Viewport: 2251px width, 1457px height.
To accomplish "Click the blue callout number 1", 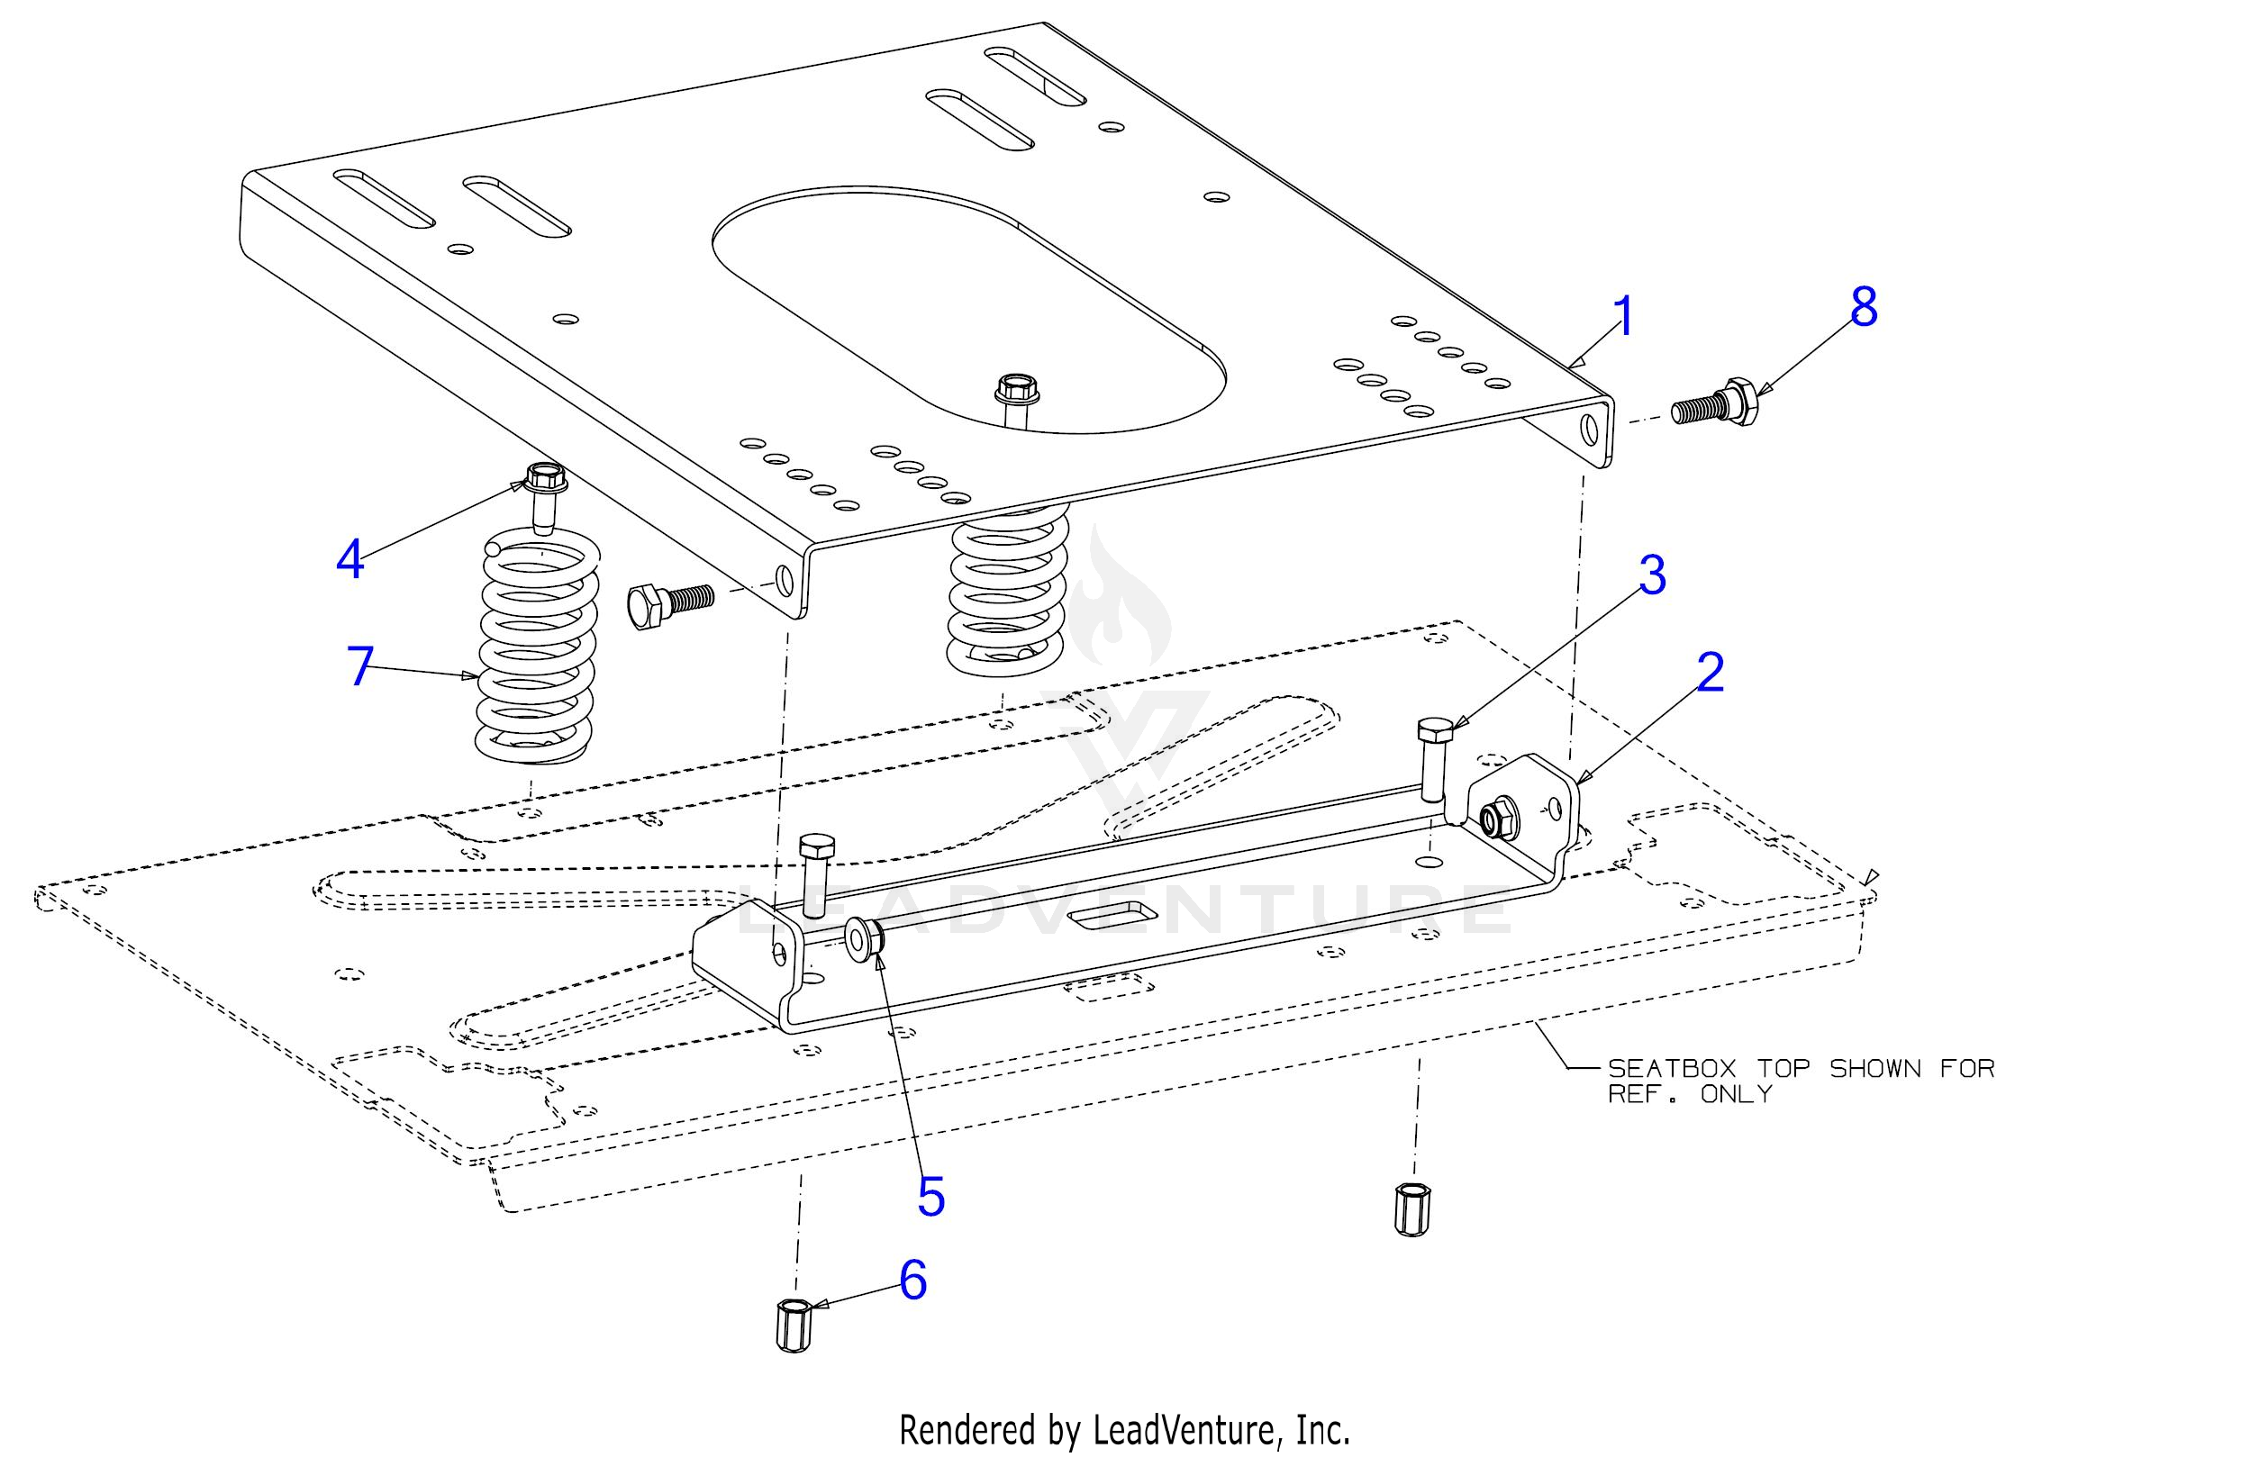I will point(1623,317).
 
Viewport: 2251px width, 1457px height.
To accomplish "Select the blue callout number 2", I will point(1710,674).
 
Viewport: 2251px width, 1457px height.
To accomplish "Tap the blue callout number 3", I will point(1651,575).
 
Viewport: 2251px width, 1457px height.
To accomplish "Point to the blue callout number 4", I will point(349,560).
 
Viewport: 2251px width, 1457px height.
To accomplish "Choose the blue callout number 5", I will point(930,1197).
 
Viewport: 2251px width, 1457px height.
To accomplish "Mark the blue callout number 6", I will point(912,1281).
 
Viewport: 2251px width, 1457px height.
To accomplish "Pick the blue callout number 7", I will point(360,666).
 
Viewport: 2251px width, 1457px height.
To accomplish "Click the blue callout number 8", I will point(1863,307).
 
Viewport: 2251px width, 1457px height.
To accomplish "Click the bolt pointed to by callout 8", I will point(1714,405).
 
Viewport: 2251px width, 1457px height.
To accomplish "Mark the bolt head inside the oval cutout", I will point(1015,387).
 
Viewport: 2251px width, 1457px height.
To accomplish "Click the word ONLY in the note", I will point(1736,1095).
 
